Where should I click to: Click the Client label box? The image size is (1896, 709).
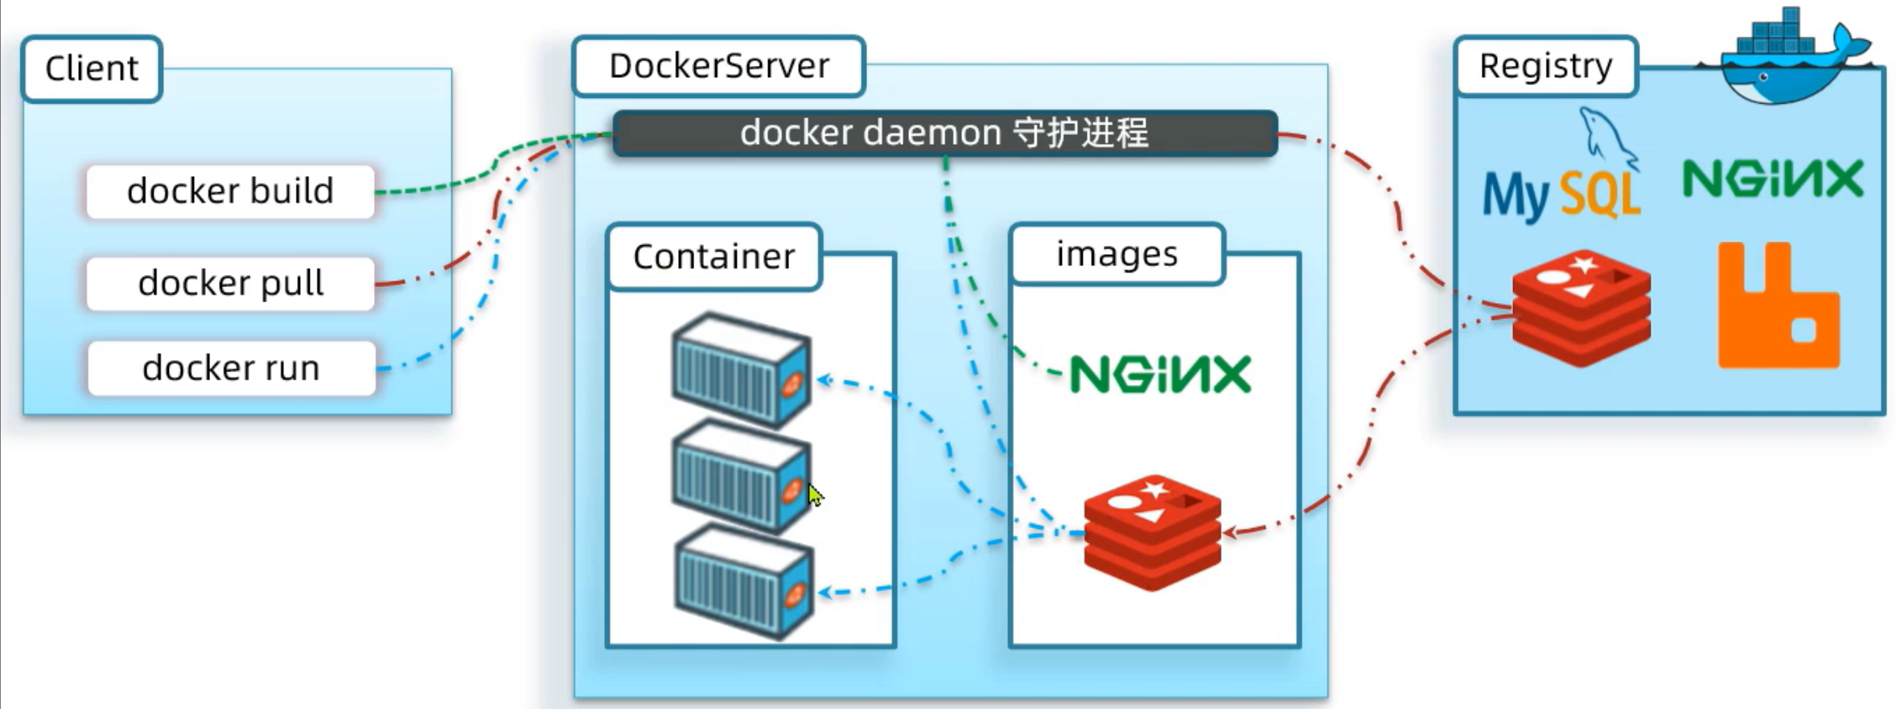tap(92, 69)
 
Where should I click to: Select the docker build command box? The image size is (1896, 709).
tap(230, 191)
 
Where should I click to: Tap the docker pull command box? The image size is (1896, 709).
tap(230, 283)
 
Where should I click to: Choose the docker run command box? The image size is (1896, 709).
tap(231, 368)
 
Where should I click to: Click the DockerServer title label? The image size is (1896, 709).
tap(718, 66)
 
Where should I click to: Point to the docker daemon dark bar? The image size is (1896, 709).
tap(945, 133)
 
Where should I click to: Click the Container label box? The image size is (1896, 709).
tap(714, 256)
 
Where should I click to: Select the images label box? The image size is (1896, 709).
tap(1117, 254)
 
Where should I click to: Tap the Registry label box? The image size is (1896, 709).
tap(1545, 66)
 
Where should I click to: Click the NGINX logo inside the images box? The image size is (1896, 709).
tap(1160, 375)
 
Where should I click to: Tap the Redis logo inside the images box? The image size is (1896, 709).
tap(1153, 532)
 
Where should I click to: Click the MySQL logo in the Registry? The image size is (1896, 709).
tap(1562, 167)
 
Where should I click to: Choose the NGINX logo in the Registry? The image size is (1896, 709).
tap(1773, 179)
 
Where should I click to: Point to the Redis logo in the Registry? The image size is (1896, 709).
tap(1581, 308)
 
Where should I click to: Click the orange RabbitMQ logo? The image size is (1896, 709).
tap(1779, 305)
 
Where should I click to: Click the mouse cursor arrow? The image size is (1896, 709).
tap(815, 494)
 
